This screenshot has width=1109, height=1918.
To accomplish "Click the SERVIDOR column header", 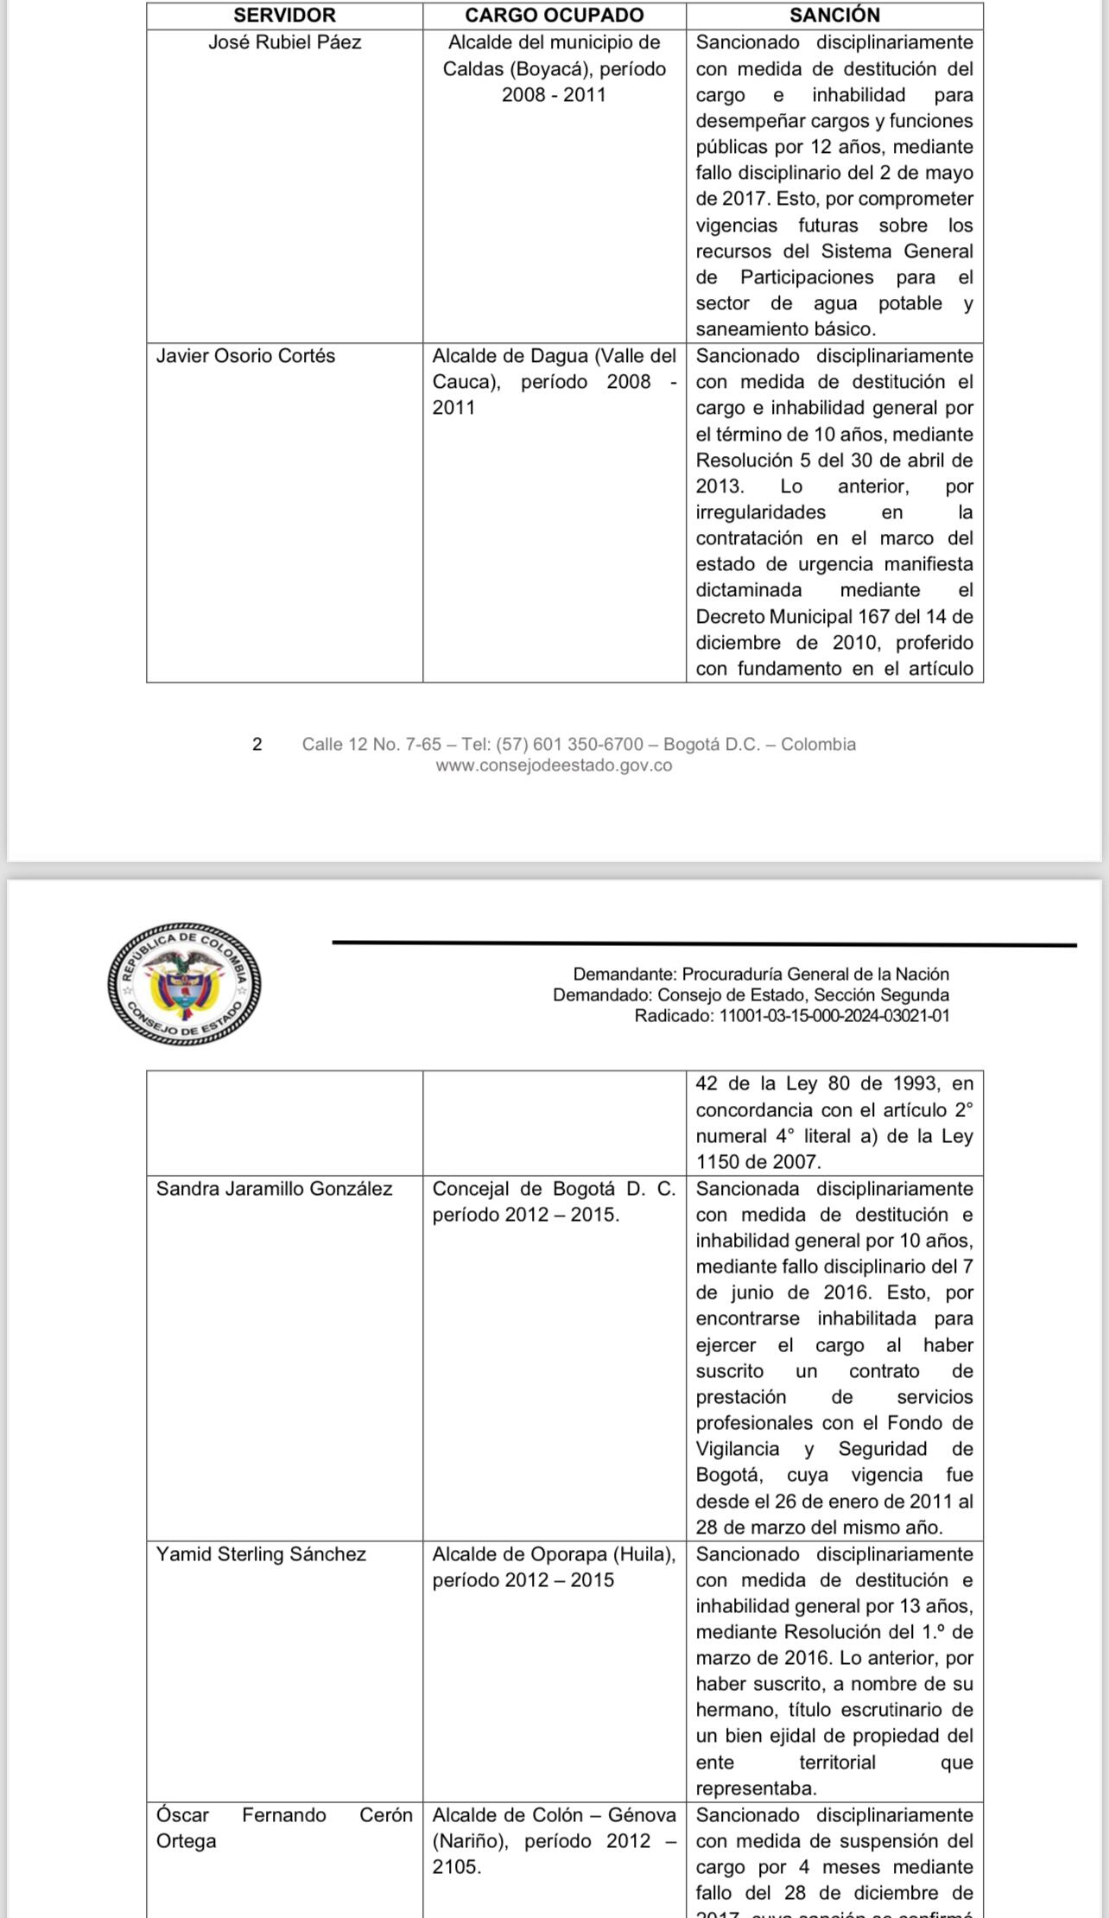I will click(x=284, y=16).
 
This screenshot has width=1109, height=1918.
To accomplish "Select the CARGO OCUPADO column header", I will click(x=554, y=16).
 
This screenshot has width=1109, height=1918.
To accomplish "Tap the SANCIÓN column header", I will click(x=834, y=16).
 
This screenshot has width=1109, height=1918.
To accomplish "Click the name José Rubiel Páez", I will click(x=284, y=42).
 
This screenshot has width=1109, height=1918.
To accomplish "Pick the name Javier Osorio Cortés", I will click(x=245, y=356).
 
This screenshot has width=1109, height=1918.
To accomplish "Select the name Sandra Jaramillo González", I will click(x=274, y=1189).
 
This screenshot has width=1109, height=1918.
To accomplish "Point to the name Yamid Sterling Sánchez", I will click(x=261, y=1554).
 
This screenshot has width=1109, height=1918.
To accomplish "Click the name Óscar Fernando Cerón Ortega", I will click(x=283, y=1828).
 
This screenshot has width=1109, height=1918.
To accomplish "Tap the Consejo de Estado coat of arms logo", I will click(x=185, y=983).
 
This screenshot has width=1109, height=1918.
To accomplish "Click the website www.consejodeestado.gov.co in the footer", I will click(x=554, y=765).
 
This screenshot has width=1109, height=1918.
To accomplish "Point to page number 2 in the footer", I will click(x=257, y=744).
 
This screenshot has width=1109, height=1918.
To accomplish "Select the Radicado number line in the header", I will click(x=791, y=1016).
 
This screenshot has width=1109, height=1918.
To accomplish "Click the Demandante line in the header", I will click(x=760, y=974).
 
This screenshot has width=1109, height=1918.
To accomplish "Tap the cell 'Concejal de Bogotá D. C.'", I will click(x=554, y=1189).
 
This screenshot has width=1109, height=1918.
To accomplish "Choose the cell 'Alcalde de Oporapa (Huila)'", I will click(x=554, y=1554).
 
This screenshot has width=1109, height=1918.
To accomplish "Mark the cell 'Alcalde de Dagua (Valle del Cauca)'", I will click(x=554, y=369).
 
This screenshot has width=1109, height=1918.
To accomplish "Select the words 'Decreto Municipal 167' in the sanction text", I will click(x=786, y=617).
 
